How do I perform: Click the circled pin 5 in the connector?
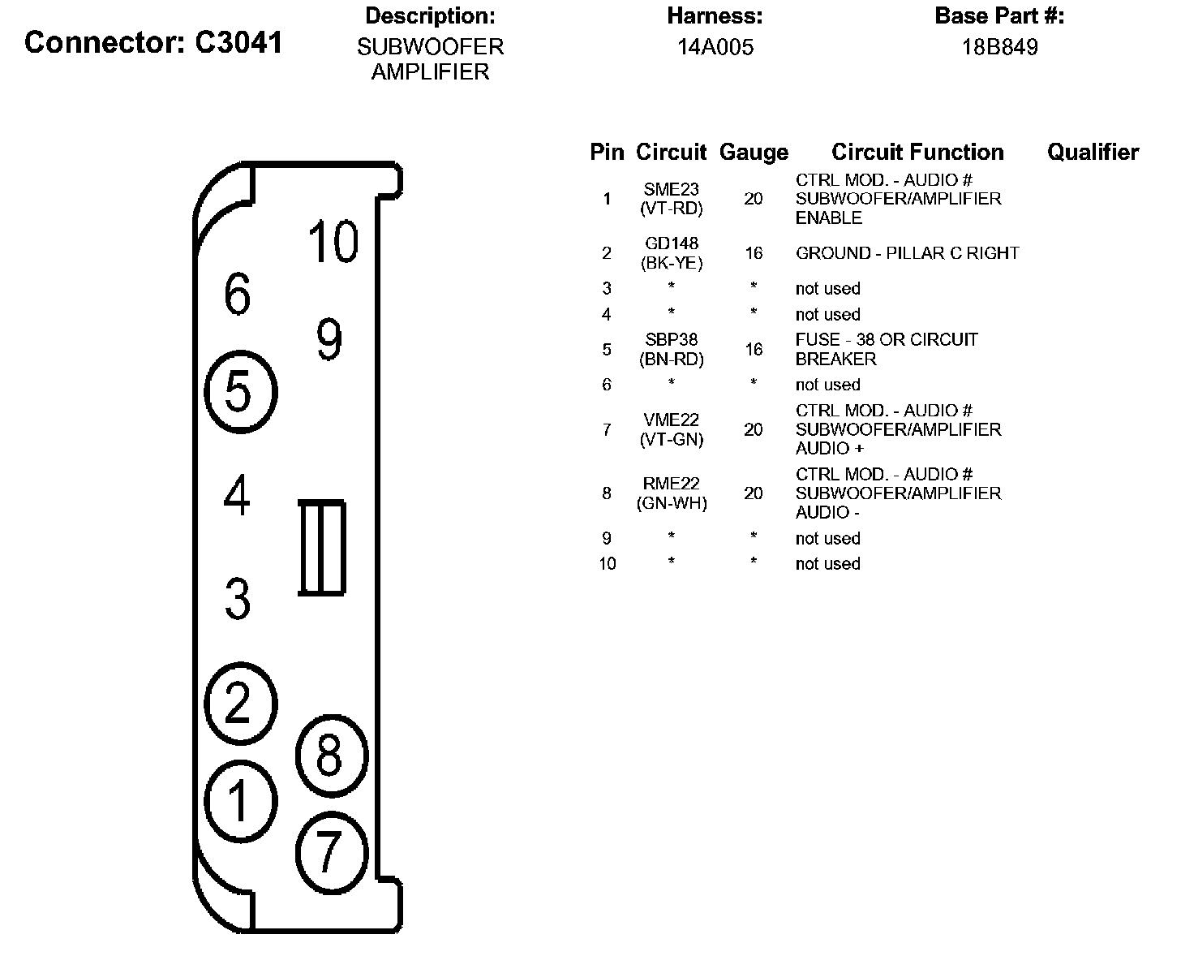coord(240,391)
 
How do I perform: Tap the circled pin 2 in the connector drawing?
coord(240,703)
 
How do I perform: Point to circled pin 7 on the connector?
coord(331,852)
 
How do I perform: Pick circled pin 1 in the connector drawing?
coord(240,800)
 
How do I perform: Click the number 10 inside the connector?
coord(333,241)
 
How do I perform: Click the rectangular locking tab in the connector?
coord(322,548)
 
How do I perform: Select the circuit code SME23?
coord(671,189)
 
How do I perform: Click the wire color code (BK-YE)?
coord(671,263)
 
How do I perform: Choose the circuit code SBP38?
coord(671,340)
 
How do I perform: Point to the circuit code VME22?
coord(671,420)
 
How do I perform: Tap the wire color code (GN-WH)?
coord(671,503)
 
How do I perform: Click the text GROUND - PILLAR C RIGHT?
coord(907,253)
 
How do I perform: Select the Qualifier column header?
coord(1093,152)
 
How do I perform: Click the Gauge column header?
coord(754,153)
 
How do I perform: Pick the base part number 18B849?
coord(999,47)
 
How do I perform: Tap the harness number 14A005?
coord(715,47)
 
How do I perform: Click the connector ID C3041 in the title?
coord(239,42)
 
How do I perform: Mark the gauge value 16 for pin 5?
coord(754,349)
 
